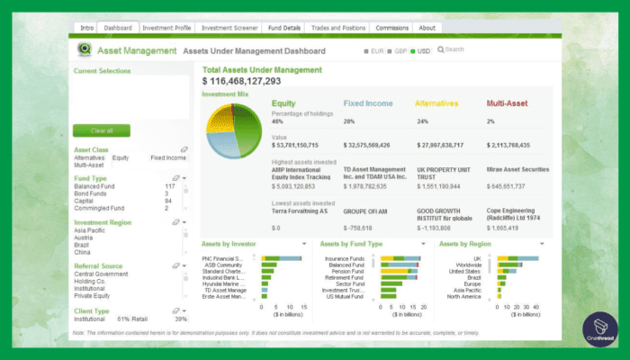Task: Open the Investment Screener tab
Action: tap(229, 28)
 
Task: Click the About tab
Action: tap(427, 28)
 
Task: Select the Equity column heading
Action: tap(284, 103)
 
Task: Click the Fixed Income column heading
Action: tap(368, 103)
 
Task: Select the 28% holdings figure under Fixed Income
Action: tap(349, 121)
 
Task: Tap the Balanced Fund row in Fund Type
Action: tap(94, 186)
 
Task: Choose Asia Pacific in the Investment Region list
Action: tap(88, 230)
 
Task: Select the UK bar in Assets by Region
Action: tap(513, 258)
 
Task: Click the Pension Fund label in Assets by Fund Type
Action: tap(346, 271)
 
